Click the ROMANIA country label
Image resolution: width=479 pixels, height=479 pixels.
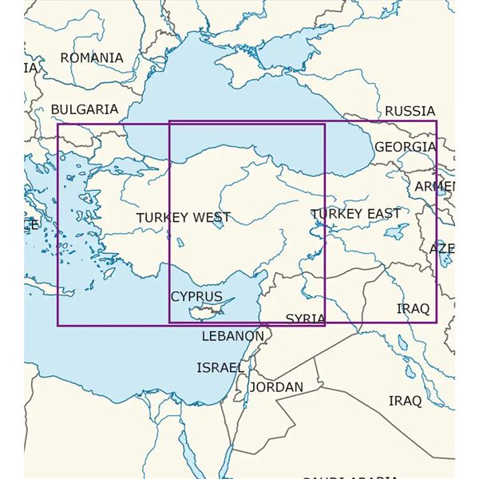(92, 58)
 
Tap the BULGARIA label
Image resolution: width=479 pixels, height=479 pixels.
(84, 109)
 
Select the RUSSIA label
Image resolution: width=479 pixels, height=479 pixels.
(410, 111)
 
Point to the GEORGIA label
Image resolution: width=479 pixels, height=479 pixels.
(406, 147)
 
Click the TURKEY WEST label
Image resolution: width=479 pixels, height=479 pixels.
(183, 217)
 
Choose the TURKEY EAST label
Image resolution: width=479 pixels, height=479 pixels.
(355, 213)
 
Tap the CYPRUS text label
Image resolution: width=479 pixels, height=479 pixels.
(196, 296)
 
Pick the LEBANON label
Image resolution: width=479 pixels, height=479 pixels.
(232, 336)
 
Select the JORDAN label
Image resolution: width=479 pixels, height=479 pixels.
(276, 387)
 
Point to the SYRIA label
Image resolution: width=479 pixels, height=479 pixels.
(305, 318)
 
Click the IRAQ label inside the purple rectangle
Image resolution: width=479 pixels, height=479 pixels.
(413, 308)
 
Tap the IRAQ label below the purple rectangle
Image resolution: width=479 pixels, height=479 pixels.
(405, 401)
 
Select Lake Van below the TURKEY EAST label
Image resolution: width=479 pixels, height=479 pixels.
(393, 234)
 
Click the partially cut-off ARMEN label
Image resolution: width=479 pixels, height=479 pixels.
(435, 187)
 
